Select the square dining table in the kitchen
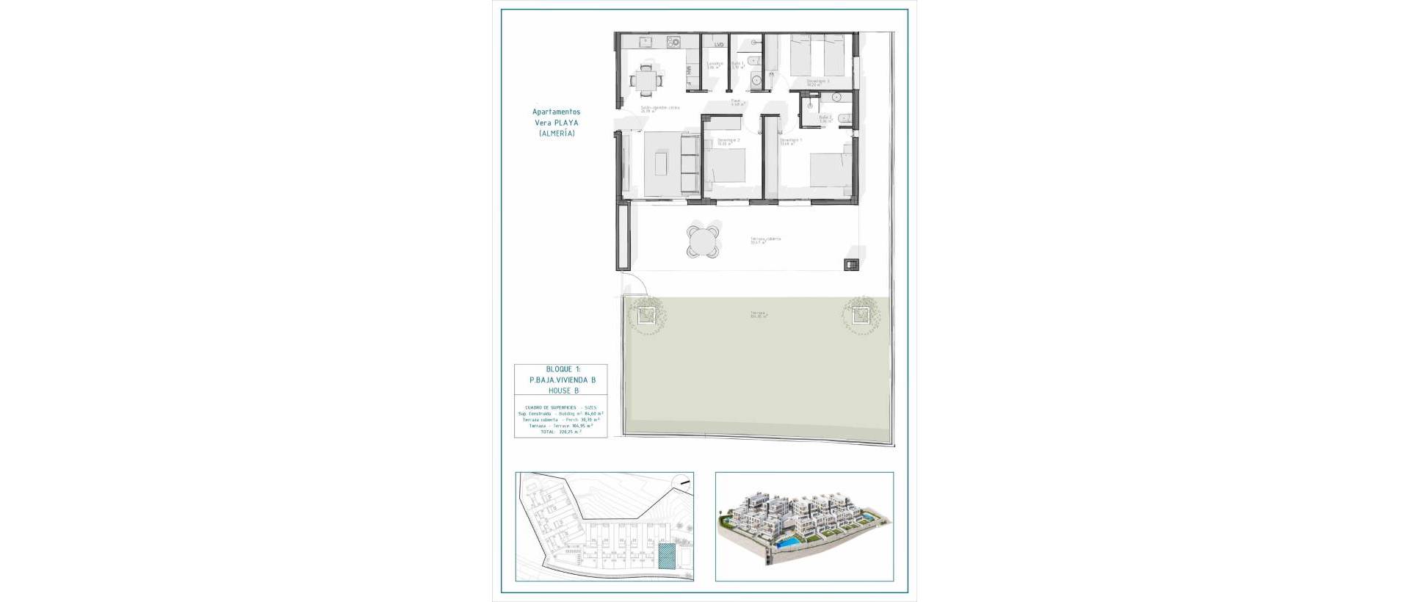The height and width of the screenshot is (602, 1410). (x=133, y=79)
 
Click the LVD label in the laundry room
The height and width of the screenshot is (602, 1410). (x=719, y=45)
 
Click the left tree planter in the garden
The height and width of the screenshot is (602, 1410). (x=646, y=316)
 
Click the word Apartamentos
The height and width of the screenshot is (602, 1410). (x=556, y=112)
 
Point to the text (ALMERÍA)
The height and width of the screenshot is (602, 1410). (x=556, y=134)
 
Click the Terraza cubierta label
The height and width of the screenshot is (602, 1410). (x=764, y=239)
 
